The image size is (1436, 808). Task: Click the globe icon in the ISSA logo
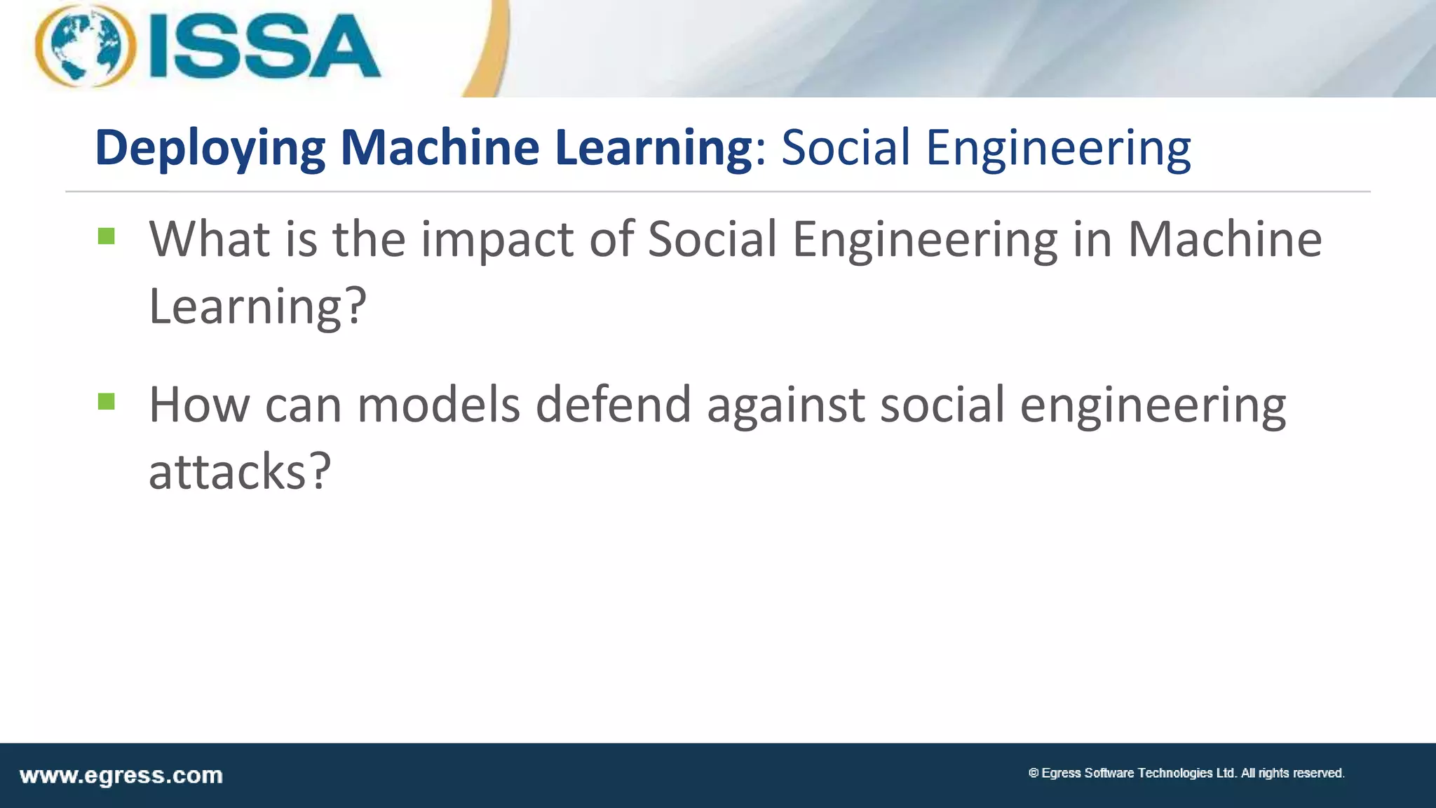86,46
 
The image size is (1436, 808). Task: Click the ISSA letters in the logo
264,48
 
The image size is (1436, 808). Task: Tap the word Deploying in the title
210,149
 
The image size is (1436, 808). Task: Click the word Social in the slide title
846,149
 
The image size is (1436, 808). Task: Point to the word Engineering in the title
1058,149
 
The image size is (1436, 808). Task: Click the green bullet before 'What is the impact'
107,236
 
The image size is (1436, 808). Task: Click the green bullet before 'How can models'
107,401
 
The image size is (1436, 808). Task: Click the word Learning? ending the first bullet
257,306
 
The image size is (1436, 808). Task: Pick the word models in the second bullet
439,405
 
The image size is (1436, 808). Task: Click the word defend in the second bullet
614,405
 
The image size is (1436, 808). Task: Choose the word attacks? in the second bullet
239,471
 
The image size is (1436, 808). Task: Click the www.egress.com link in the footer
121,776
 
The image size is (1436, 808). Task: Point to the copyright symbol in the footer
1034,773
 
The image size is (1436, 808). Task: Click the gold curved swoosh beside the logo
491,49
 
